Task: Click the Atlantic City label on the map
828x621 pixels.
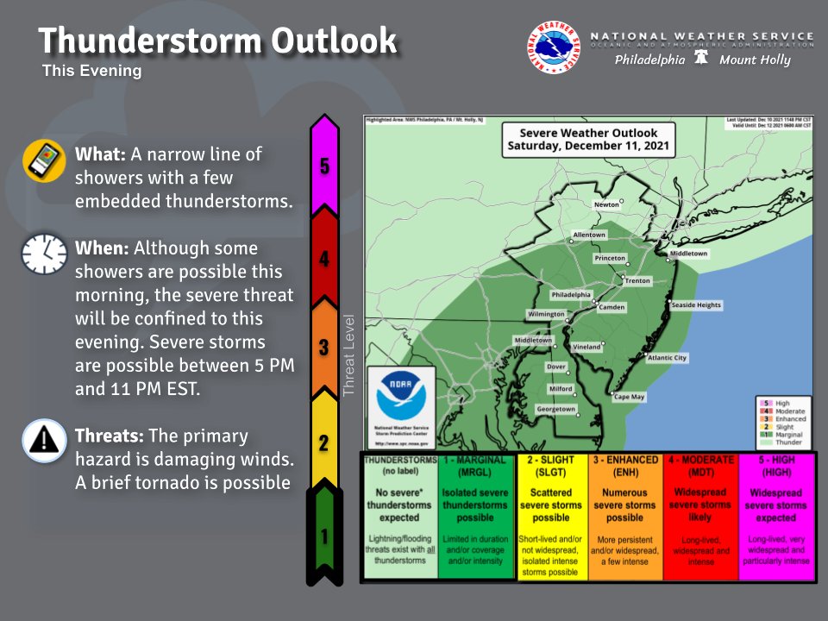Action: pos(668,357)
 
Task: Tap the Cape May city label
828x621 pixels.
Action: pos(629,397)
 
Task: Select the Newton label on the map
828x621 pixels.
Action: pos(606,204)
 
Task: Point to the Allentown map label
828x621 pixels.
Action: pos(590,235)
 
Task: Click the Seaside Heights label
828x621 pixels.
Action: pos(696,304)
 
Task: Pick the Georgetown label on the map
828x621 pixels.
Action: pos(556,409)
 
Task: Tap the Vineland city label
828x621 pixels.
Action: pos(586,346)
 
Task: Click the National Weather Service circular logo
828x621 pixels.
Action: pos(553,47)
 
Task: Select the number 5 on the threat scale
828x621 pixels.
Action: pos(324,166)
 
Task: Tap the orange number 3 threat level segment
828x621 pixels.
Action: pos(324,347)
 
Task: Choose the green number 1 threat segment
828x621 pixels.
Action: pos(324,536)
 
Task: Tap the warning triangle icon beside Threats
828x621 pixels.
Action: pos(44,440)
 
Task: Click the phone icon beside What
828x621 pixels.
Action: pos(44,160)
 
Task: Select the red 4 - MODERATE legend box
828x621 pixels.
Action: pos(701,516)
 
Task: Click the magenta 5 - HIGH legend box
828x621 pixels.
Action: pos(776,516)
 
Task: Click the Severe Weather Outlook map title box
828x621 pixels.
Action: pos(588,140)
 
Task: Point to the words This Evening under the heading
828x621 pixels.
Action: pos(91,72)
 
